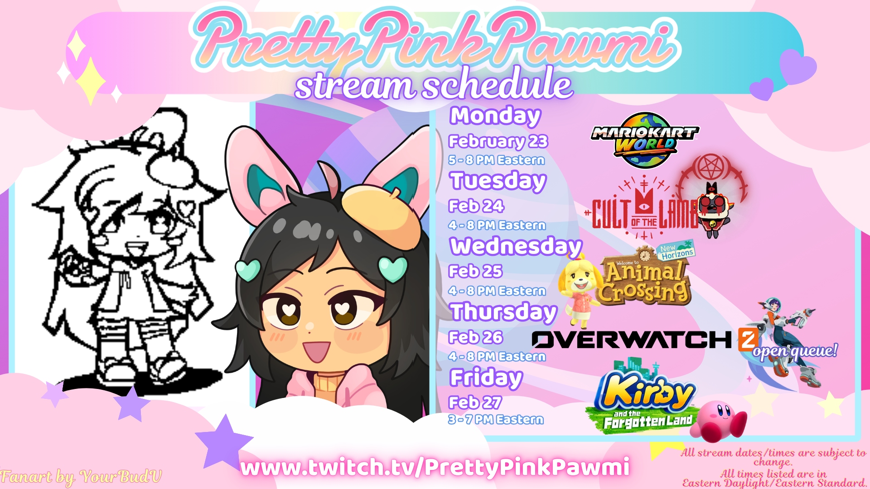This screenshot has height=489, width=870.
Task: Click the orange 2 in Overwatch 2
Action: (748, 340)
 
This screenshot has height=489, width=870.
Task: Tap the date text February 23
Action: (498, 142)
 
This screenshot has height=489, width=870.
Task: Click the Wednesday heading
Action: (516, 246)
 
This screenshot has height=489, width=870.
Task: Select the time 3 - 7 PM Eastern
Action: (496, 420)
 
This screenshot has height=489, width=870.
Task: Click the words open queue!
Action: (795, 351)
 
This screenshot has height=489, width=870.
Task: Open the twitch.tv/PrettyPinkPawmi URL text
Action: (435, 467)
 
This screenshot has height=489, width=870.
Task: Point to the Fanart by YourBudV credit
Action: (81, 477)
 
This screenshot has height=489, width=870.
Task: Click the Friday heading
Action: (486, 378)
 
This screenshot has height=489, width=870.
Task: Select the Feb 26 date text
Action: (475, 337)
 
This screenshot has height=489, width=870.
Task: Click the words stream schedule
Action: (434, 84)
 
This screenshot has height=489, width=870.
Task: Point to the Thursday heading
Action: (503, 312)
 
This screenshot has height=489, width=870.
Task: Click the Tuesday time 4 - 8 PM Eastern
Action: (497, 225)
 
